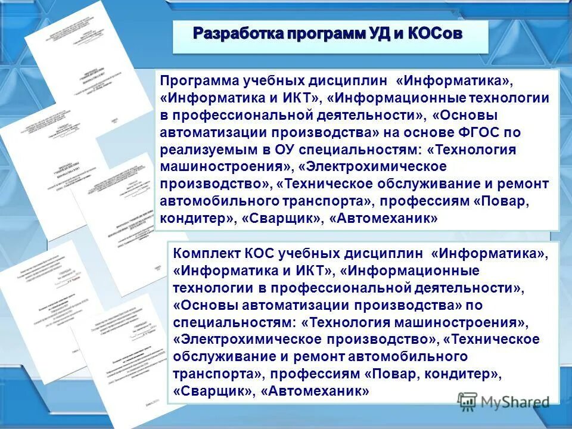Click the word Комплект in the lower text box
tap(206, 254)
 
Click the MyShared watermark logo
tap(503, 401)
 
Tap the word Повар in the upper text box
tap(504, 202)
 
